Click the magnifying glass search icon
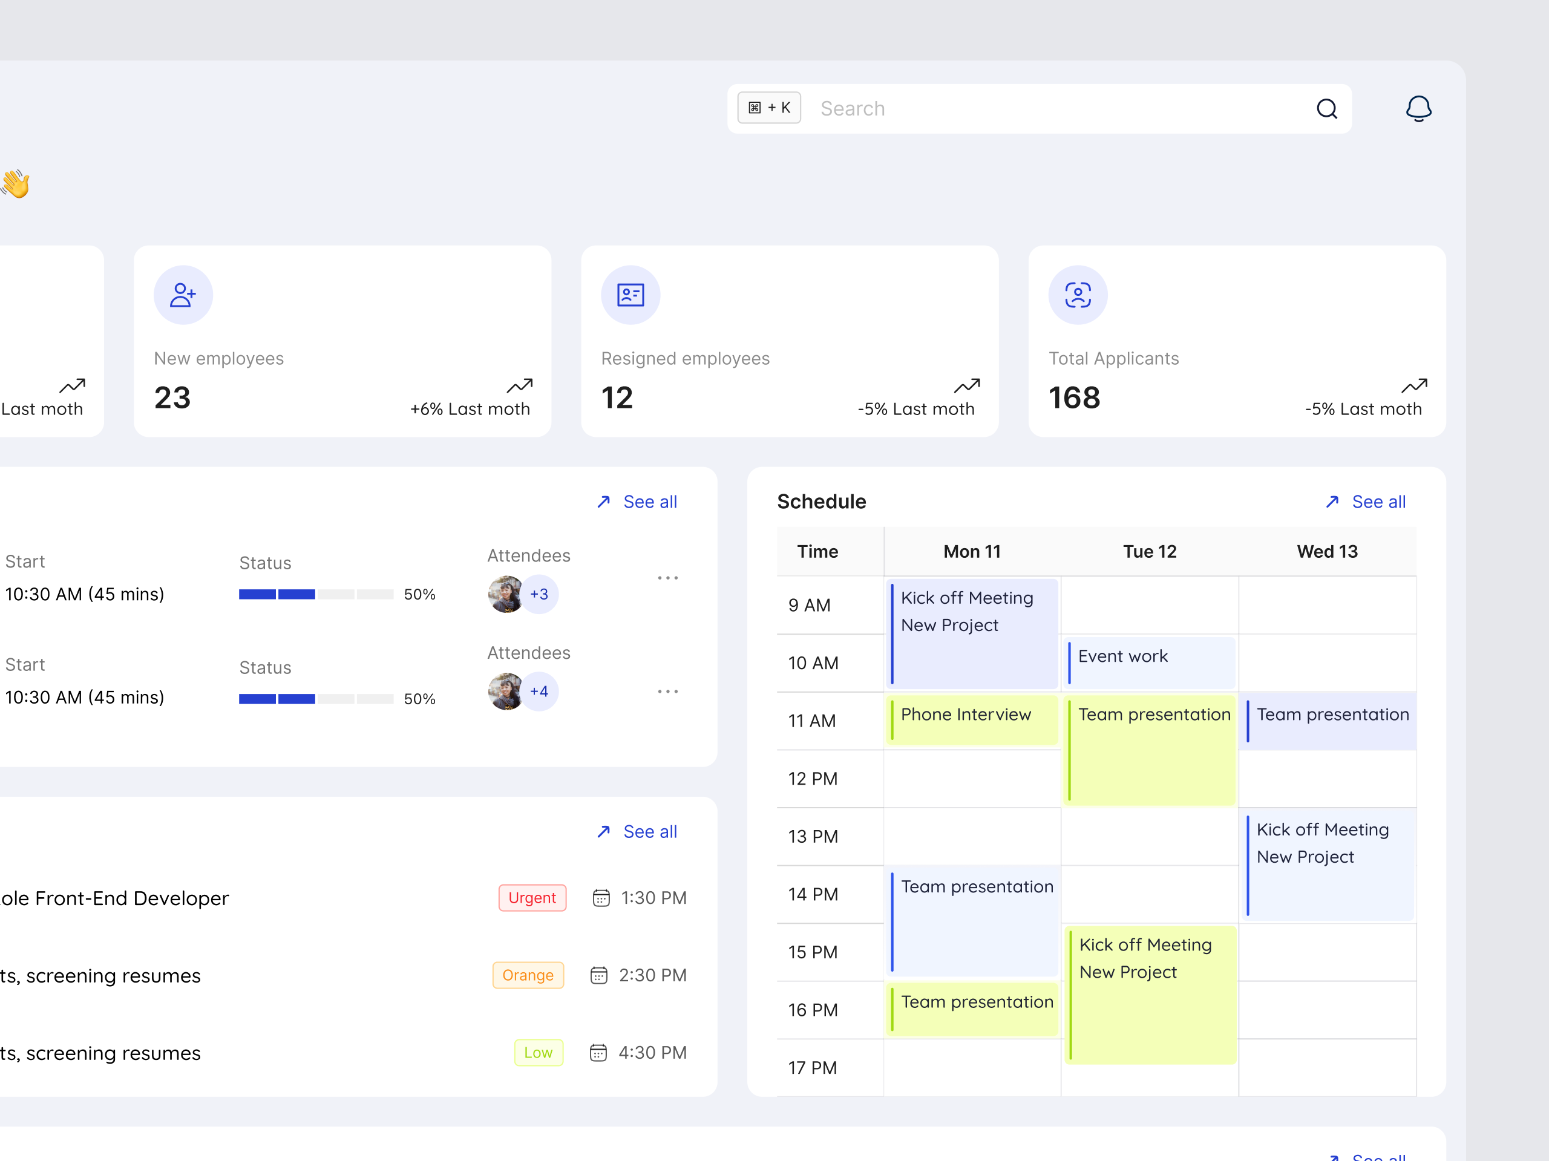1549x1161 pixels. (x=1326, y=108)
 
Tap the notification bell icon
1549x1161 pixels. (x=1418, y=108)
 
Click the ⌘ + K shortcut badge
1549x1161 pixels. (x=769, y=108)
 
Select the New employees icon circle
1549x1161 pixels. (x=183, y=295)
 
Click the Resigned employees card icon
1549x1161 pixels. (x=630, y=295)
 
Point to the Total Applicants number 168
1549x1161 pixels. (x=1074, y=397)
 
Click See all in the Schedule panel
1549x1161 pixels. (x=1377, y=502)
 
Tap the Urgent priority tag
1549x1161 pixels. (x=532, y=898)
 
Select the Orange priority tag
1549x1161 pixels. (x=528, y=975)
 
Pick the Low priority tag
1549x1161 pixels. (x=538, y=1053)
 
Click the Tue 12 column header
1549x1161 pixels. (x=1150, y=552)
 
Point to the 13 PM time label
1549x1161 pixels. (x=813, y=837)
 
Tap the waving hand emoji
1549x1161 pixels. (x=15, y=184)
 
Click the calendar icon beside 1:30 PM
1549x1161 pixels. (x=601, y=898)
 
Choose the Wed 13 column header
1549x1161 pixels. (x=1327, y=552)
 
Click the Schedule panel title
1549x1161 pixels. (x=822, y=502)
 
